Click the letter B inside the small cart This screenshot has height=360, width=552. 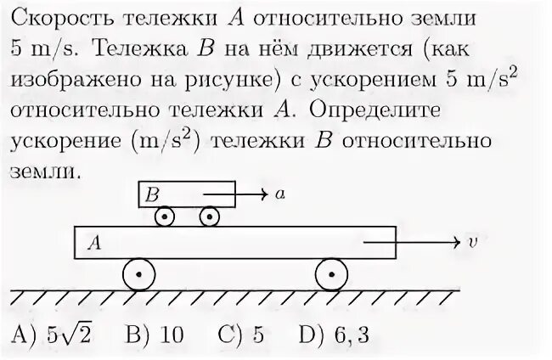click(x=153, y=194)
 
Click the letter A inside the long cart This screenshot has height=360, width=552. click(x=95, y=244)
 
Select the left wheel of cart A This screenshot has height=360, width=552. click(x=138, y=275)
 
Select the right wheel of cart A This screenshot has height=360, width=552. click(x=331, y=275)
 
